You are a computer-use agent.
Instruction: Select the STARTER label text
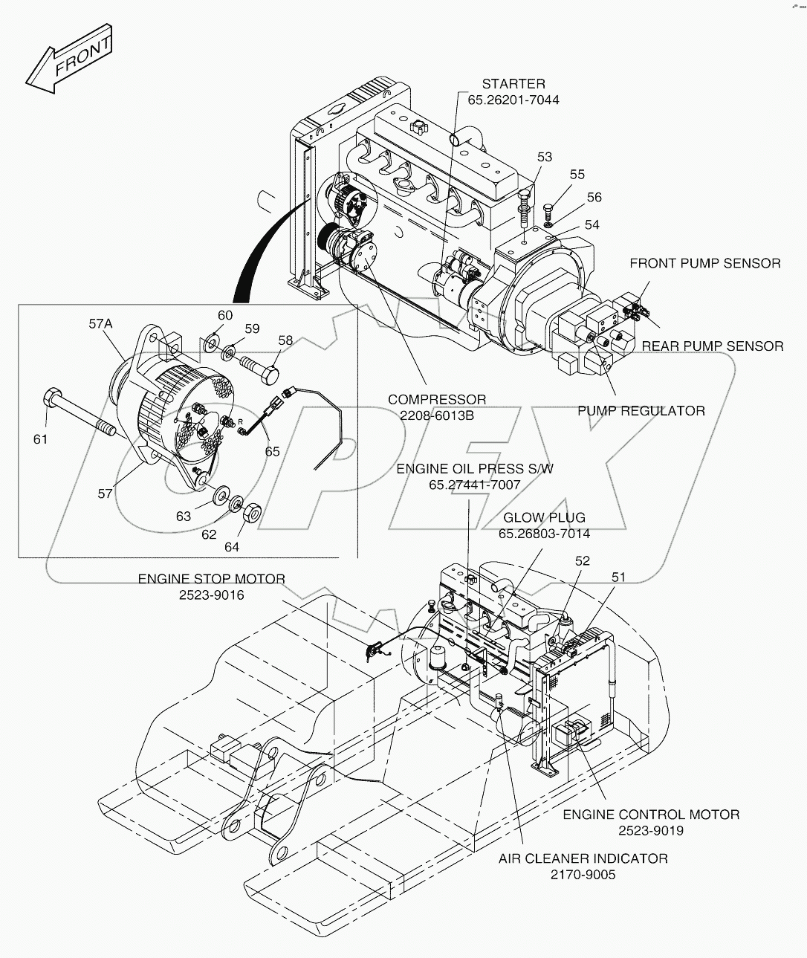513,84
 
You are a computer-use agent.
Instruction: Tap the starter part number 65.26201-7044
513,100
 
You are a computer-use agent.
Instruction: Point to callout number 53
545,157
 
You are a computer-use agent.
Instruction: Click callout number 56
594,197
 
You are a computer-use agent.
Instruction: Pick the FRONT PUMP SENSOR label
704,263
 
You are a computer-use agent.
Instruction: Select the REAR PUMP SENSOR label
712,346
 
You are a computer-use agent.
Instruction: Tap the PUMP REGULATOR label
641,410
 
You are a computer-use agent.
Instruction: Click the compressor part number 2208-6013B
437,415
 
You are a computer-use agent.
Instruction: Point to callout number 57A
101,323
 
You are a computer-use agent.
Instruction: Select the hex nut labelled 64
251,511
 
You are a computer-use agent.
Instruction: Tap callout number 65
273,451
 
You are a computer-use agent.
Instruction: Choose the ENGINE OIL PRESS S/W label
474,469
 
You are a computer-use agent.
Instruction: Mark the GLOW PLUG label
544,517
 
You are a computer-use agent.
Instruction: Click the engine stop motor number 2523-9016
212,595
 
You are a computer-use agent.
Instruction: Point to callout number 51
619,577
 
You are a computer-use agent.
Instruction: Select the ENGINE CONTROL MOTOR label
651,815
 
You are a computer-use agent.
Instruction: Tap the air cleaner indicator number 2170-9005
583,875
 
